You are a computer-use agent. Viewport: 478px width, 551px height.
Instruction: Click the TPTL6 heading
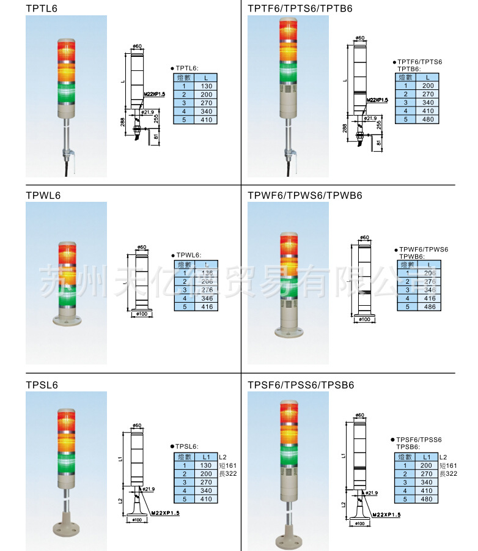pyautogui.click(x=42, y=9)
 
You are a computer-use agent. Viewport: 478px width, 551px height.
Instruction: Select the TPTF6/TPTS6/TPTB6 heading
pyautogui.click(x=300, y=9)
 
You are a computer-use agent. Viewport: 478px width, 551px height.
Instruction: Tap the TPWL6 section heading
pyautogui.click(x=43, y=195)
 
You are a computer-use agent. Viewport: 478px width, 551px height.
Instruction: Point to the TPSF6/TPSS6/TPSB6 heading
pyautogui.click(x=301, y=385)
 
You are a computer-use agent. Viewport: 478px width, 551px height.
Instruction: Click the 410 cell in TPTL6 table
pyautogui.click(x=205, y=120)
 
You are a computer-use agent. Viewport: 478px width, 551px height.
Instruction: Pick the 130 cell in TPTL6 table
pyautogui.click(x=205, y=86)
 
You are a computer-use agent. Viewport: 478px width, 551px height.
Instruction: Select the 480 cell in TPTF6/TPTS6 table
pyautogui.click(x=427, y=119)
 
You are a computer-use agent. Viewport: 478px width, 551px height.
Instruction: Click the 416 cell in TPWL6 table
pyautogui.click(x=207, y=306)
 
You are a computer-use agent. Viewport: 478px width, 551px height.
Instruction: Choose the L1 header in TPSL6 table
pyautogui.click(x=205, y=457)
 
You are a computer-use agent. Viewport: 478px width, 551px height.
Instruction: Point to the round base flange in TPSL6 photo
pyautogui.click(x=65, y=530)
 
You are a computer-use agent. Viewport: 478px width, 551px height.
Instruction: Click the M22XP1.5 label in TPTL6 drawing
pyautogui.click(x=155, y=94)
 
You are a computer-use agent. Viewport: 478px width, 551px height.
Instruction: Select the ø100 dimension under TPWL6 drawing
pyautogui.click(x=141, y=314)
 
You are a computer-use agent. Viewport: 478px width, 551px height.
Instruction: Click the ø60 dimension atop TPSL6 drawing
pyautogui.click(x=138, y=425)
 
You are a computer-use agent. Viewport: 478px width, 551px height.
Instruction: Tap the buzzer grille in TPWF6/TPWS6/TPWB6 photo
pyautogui.click(x=287, y=304)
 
